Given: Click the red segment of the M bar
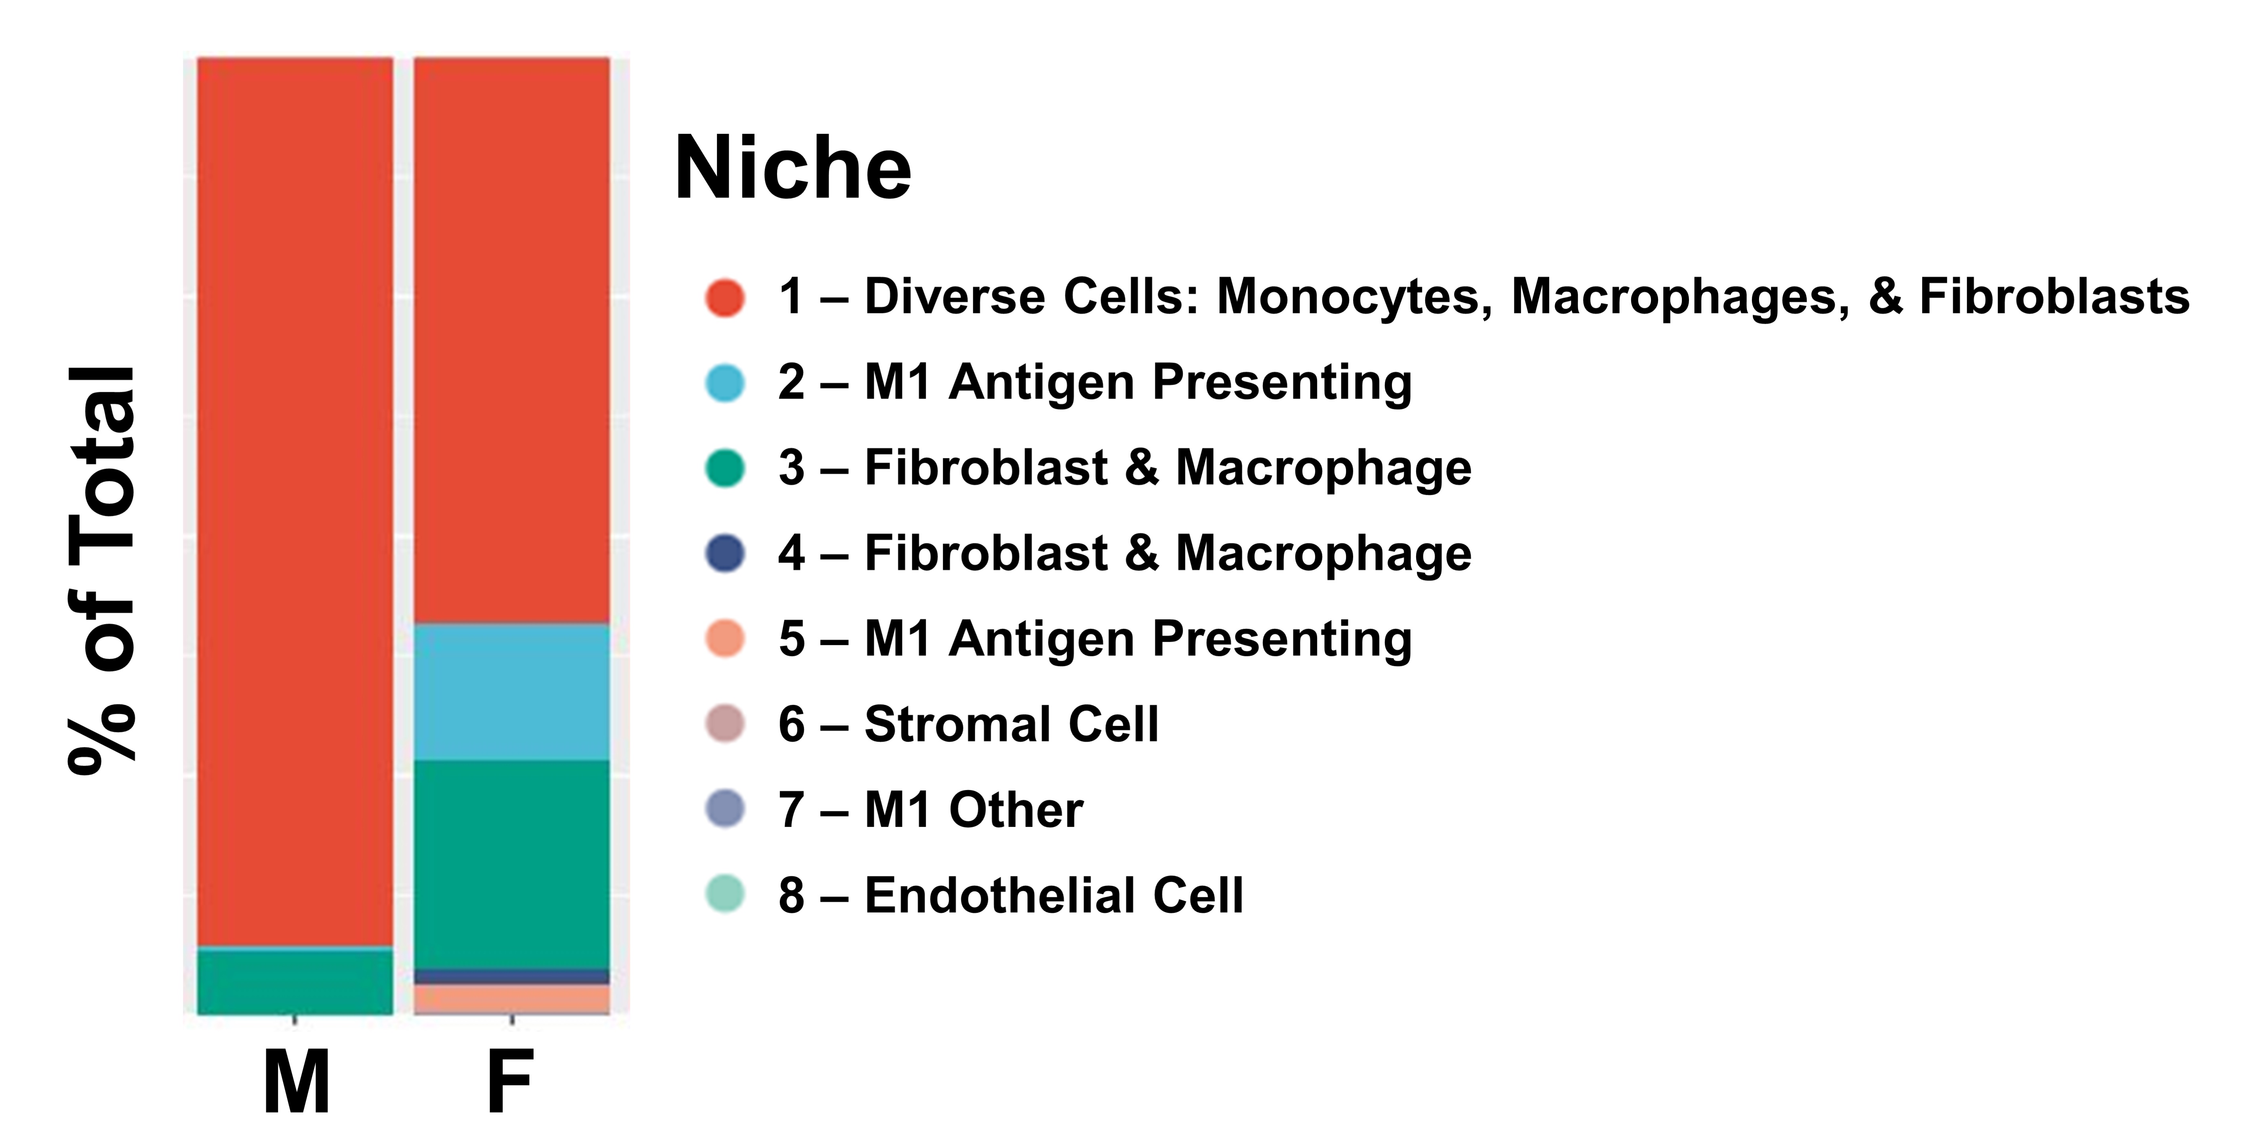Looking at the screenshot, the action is click(x=295, y=502).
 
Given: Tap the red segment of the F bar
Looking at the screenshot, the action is click(x=512, y=340).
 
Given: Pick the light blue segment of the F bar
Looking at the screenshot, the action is click(x=512, y=692).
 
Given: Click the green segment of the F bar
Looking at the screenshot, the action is click(x=512, y=864).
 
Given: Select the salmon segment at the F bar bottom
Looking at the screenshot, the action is click(x=512, y=998).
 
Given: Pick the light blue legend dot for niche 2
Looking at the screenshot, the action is click(x=725, y=382).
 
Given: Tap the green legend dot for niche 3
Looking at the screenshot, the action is click(x=725, y=468).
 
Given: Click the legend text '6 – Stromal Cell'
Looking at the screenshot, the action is click(x=968, y=725).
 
